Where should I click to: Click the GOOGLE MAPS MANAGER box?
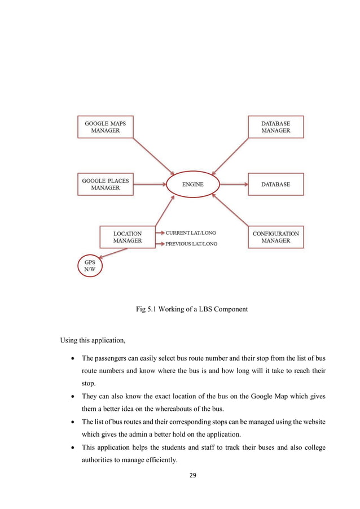[105, 126]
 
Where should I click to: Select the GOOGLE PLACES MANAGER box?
[105, 184]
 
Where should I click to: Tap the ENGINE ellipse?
[192, 185]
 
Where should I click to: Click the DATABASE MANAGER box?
[275, 126]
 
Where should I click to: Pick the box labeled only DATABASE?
[275, 185]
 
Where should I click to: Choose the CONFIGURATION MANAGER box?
[275, 237]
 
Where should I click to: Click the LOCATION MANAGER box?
[127, 237]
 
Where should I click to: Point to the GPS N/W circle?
[90, 266]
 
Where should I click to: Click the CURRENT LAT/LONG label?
[190, 232]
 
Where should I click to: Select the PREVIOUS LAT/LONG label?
[191, 244]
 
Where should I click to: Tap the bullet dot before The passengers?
[75, 359]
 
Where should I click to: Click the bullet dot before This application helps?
[75, 454]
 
